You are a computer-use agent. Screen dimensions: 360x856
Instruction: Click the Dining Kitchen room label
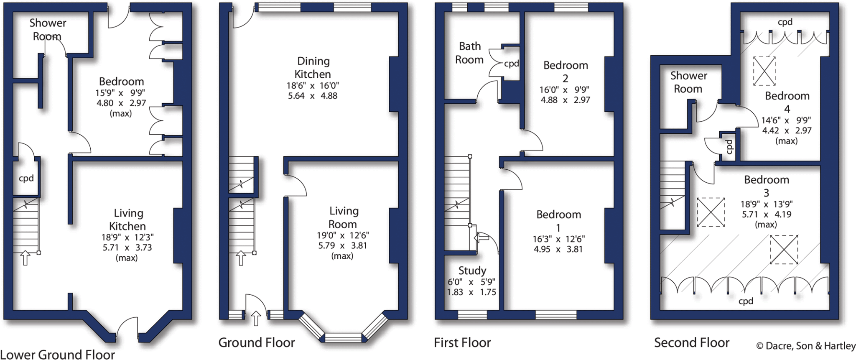313,68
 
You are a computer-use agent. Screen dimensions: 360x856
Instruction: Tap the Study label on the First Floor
472,270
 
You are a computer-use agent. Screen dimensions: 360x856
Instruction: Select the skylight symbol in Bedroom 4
764,71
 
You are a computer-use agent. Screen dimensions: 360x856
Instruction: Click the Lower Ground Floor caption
58,355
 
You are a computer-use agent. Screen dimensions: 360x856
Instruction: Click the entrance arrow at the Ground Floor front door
256,319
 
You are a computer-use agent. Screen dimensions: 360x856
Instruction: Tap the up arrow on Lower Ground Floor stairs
25,258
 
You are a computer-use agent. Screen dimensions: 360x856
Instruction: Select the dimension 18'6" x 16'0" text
313,85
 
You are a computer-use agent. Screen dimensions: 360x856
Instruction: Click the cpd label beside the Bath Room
511,64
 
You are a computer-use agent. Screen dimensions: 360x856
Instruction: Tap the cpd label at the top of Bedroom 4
785,22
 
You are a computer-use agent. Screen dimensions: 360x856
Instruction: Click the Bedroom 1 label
558,221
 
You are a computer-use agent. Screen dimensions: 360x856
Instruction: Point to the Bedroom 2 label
566,71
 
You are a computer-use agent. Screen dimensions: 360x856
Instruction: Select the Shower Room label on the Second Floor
688,82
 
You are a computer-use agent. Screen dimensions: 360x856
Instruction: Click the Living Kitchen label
128,220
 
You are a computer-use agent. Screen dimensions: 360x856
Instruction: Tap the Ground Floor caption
257,343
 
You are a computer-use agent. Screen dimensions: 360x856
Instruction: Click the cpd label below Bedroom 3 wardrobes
746,301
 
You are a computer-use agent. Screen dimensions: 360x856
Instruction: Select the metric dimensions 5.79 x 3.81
342,245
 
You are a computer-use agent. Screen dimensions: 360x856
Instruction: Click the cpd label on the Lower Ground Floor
26,179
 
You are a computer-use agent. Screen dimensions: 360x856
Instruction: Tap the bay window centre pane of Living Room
343,337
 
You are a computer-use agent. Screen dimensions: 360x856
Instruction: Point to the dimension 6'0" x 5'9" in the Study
471,282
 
